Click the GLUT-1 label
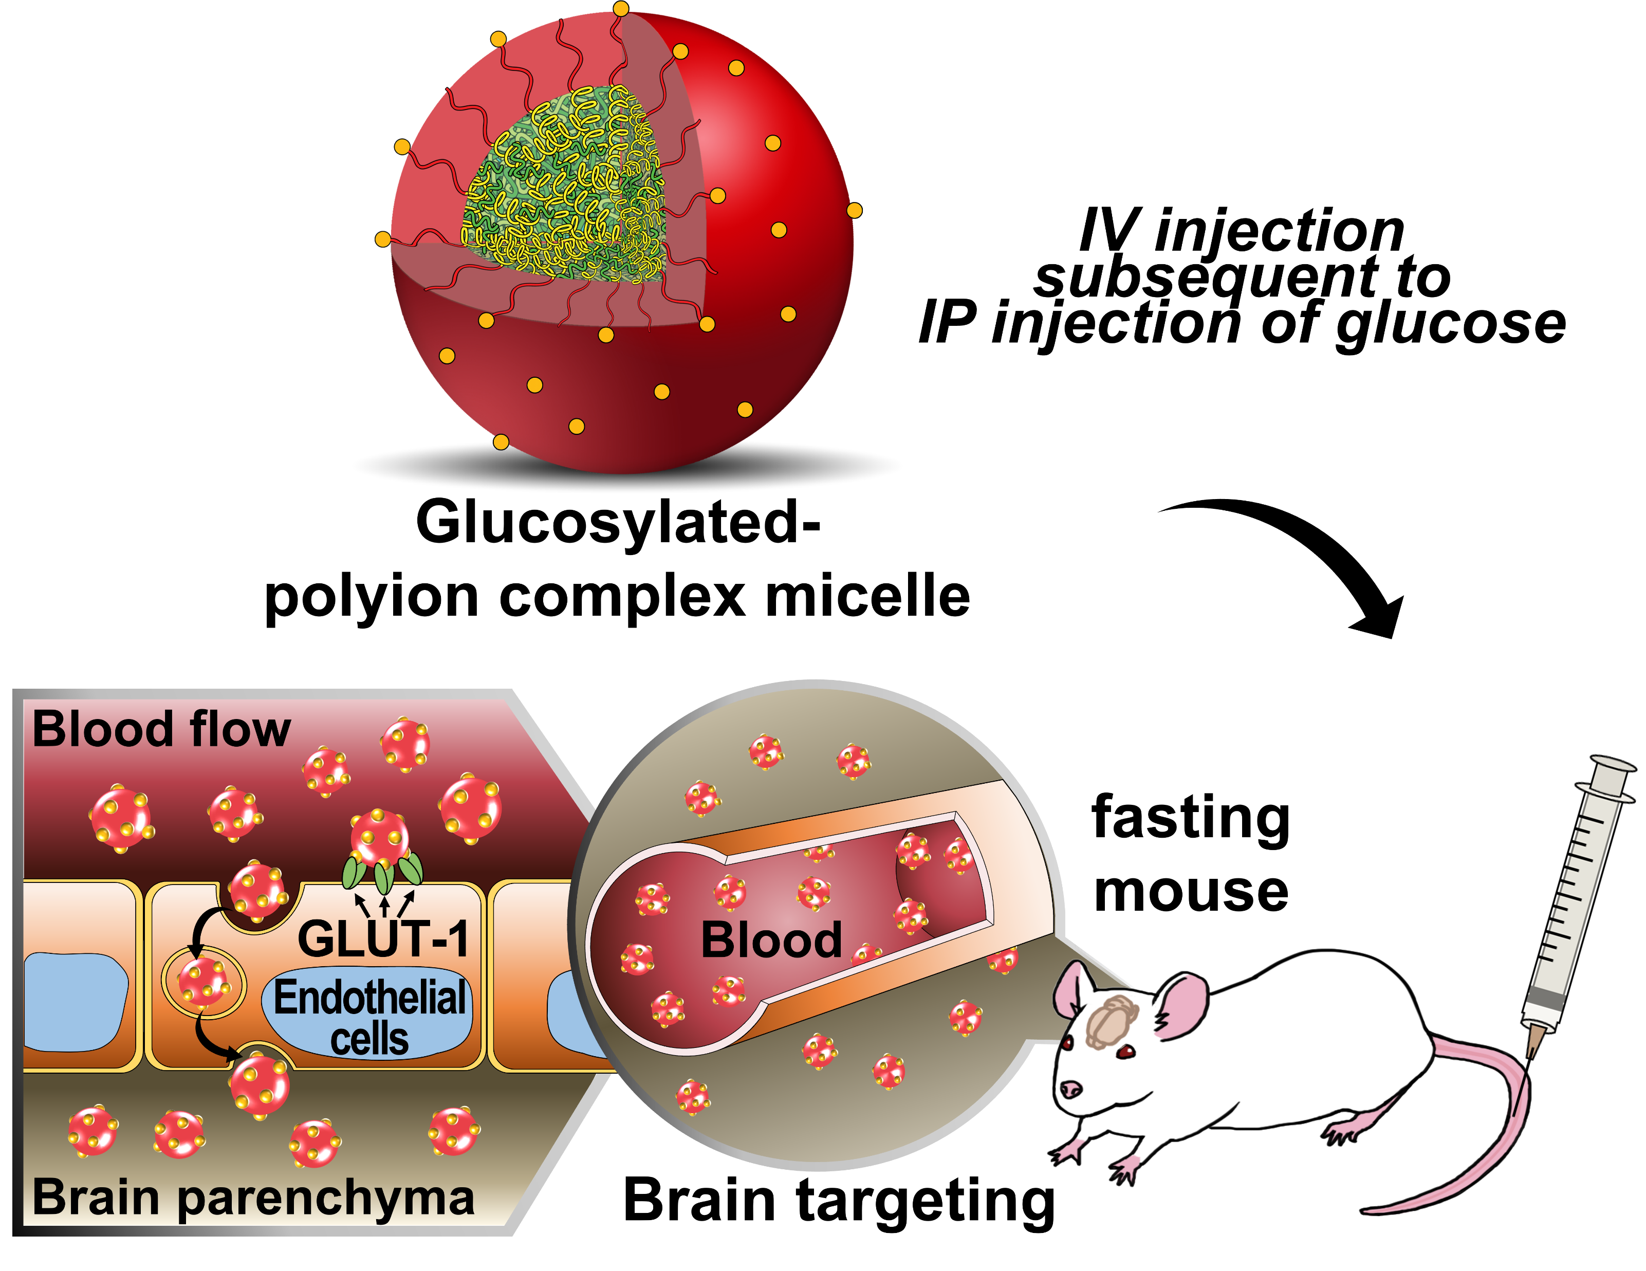coord(383,940)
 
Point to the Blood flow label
coord(160,730)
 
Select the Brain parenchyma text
coord(253,1197)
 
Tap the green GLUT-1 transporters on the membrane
coord(383,874)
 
